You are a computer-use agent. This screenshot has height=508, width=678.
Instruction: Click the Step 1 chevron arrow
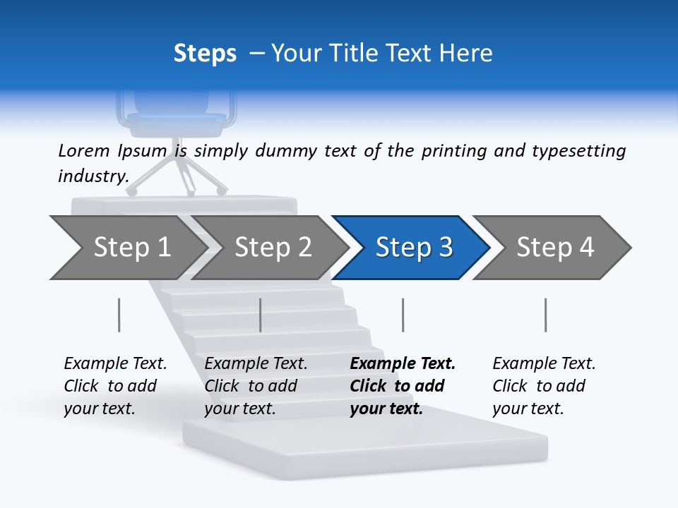tap(127, 247)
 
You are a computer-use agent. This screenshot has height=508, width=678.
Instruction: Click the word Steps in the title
tap(205, 54)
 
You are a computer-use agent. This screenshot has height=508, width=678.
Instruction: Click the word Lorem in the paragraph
tap(84, 151)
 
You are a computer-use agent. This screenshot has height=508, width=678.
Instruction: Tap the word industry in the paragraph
tap(93, 176)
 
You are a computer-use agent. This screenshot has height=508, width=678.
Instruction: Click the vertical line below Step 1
tap(119, 315)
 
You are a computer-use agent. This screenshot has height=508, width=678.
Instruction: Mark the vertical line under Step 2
tap(261, 315)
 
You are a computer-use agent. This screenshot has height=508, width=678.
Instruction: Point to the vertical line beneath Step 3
tap(403, 315)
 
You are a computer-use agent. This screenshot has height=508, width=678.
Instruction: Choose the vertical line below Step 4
tap(546, 315)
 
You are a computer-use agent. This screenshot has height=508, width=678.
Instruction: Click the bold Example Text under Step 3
tap(403, 364)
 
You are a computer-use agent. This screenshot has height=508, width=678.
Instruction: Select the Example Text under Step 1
tap(115, 364)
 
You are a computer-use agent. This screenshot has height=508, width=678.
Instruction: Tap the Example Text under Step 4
tap(544, 364)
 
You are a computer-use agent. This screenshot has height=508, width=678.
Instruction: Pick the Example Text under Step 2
tap(256, 364)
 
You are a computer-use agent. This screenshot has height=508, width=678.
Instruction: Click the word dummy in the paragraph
tap(287, 151)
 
